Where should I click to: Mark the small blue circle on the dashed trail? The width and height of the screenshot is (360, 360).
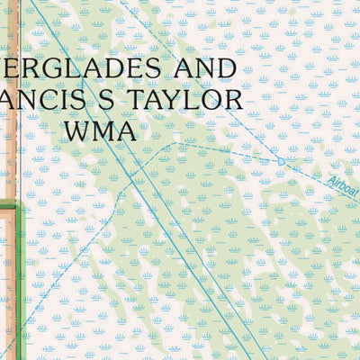(281, 162)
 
